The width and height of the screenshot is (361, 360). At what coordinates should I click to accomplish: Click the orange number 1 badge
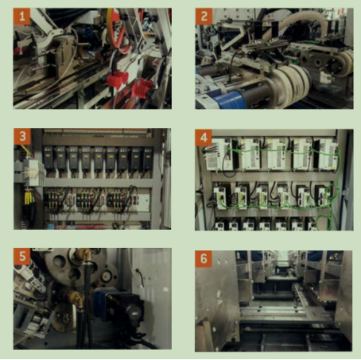tap(21, 17)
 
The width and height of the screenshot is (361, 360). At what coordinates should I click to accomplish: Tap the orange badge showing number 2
tap(204, 17)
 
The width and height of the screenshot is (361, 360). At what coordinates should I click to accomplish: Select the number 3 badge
tap(22, 137)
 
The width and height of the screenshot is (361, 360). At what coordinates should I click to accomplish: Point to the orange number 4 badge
tap(204, 137)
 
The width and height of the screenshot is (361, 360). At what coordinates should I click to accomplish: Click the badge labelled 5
tap(22, 257)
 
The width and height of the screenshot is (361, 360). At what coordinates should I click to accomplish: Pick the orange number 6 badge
tap(204, 259)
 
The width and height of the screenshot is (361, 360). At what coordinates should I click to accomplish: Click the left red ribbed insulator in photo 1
tap(117, 79)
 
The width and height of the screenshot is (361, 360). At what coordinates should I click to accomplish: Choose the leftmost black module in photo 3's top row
tap(49, 158)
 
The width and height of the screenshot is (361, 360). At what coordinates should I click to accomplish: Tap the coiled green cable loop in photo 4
tap(324, 221)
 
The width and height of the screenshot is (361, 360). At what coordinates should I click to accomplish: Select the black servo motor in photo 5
tap(125, 308)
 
